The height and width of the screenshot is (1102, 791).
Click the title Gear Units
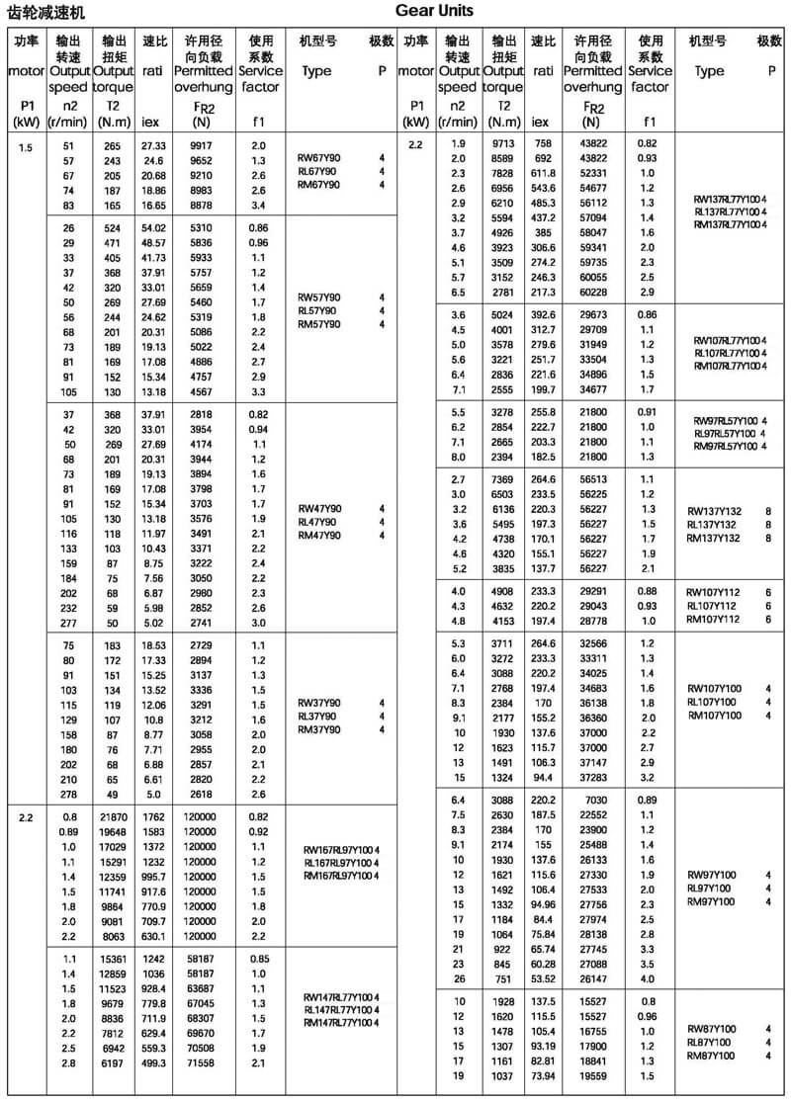pos(434,11)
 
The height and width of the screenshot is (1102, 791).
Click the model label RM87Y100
pos(713,1056)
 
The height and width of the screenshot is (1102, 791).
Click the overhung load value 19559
pos(590,1074)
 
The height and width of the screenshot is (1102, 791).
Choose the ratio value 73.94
pos(544,1074)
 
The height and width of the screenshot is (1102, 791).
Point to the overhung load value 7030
pos(590,800)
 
